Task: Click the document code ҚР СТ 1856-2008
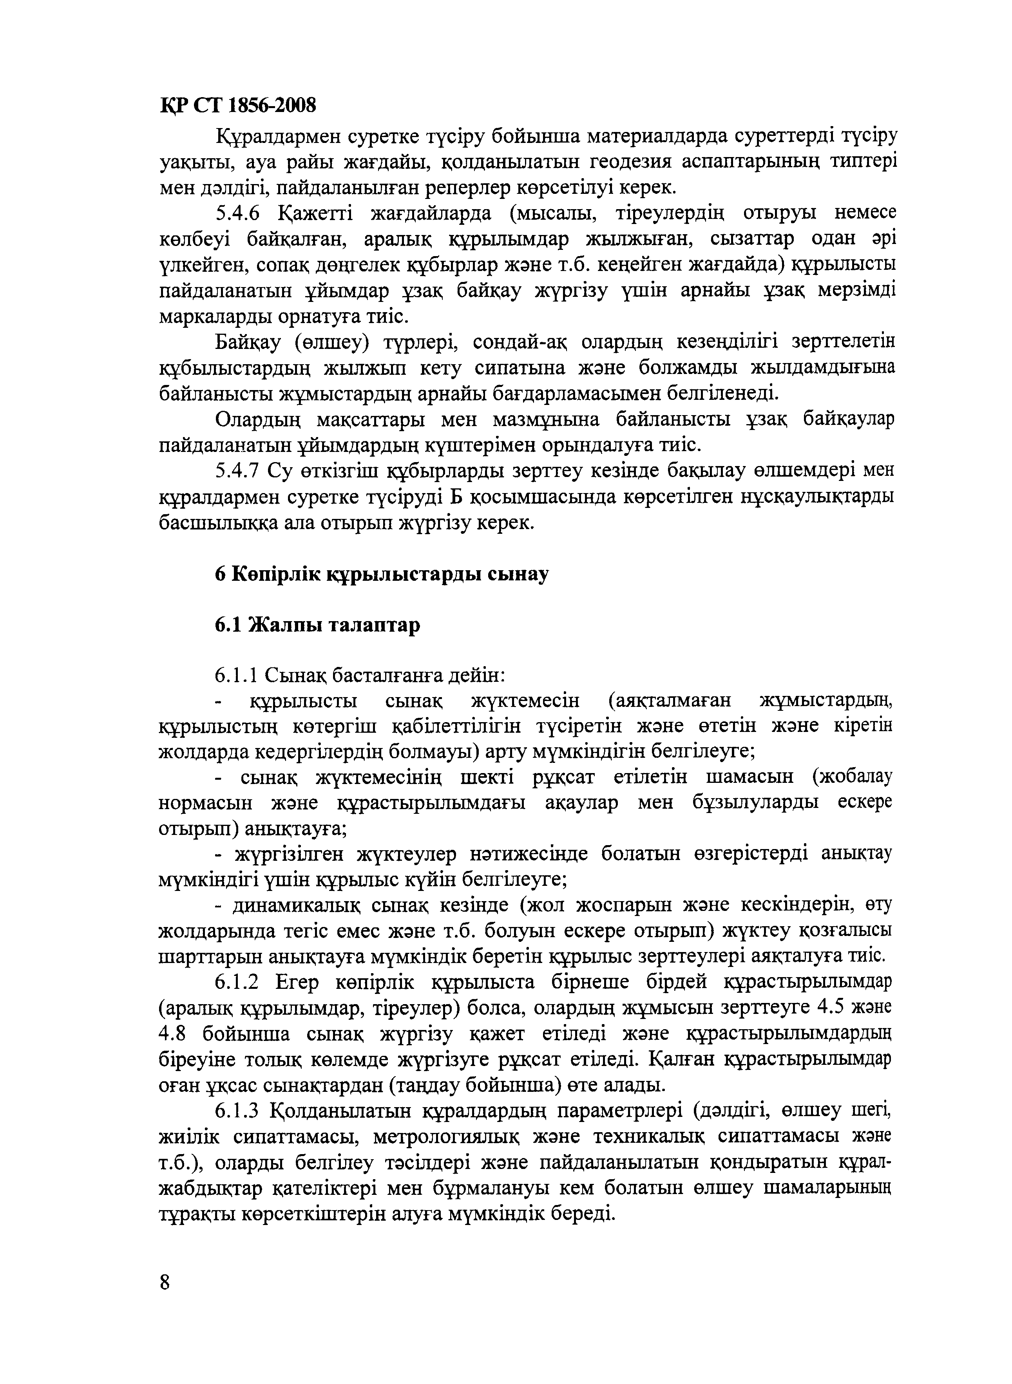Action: [238, 107]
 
